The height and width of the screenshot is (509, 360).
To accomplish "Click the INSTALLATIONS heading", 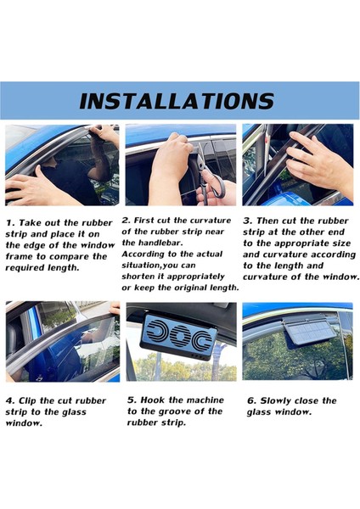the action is [x=177, y=101].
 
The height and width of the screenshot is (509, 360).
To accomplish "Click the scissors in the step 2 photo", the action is [x=210, y=177].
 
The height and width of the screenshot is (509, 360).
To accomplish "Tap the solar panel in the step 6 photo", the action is [x=309, y=332].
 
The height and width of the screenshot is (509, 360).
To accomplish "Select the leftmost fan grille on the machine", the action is [x=157, y=334].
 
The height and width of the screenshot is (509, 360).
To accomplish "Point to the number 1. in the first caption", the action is [x=10, y=223].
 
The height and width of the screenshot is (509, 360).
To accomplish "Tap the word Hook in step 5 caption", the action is [x=152, y=400].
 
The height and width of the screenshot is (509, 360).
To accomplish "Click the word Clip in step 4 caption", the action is [x=27, y=401].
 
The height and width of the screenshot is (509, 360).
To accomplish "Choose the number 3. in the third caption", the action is [x=248, y=221].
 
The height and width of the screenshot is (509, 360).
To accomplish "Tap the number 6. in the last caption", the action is [x=252, y=401].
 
